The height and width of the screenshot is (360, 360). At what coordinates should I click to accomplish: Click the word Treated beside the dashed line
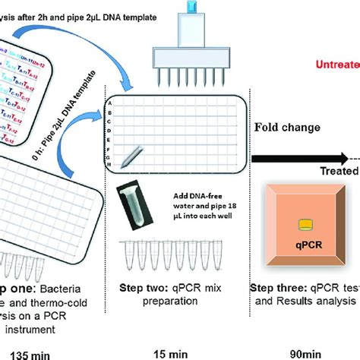click(x=334, y=172)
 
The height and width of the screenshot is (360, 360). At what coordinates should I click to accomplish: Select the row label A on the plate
click(x=111, y=102)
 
